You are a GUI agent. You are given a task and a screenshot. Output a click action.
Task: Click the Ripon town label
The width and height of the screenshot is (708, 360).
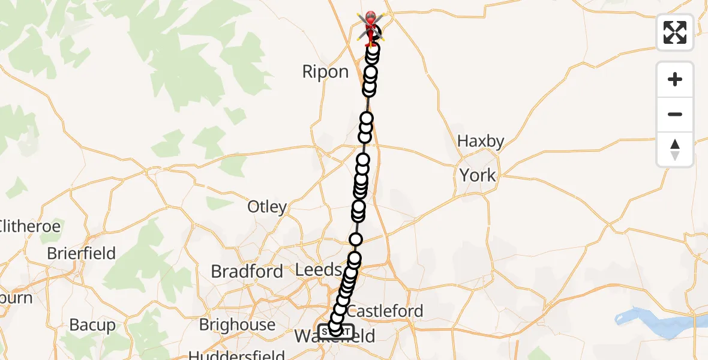tap(325, 72)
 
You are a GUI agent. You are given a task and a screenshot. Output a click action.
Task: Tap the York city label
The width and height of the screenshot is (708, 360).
tap(478, 175)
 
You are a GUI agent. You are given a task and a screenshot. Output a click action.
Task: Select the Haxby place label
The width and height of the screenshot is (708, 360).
tap(481, 142)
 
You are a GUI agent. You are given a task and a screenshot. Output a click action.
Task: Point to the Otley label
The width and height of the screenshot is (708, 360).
tap(267, 207)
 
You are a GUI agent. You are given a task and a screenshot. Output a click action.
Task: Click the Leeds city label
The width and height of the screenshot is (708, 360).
tap(319, 270)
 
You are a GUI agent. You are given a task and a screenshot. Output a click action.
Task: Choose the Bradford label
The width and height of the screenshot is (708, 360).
tap(247, 271)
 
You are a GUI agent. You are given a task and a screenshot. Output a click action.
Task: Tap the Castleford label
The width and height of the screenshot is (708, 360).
tap(385, 311)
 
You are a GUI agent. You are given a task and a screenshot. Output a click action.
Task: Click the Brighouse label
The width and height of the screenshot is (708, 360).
tap(237, 325)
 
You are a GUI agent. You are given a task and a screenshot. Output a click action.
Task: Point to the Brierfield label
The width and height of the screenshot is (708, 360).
tap(81, 253)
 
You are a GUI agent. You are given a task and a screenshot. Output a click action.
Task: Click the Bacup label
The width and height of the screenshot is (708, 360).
tap(92, 325)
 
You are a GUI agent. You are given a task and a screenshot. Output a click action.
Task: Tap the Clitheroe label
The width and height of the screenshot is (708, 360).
tap(30, 226)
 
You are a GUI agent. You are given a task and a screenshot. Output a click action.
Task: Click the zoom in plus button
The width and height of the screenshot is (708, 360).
tap(675, 79)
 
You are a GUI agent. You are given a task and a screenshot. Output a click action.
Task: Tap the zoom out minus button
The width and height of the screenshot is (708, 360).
tap(675, 114)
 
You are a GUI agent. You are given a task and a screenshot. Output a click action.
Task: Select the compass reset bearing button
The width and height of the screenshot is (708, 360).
tap(675, 149)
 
